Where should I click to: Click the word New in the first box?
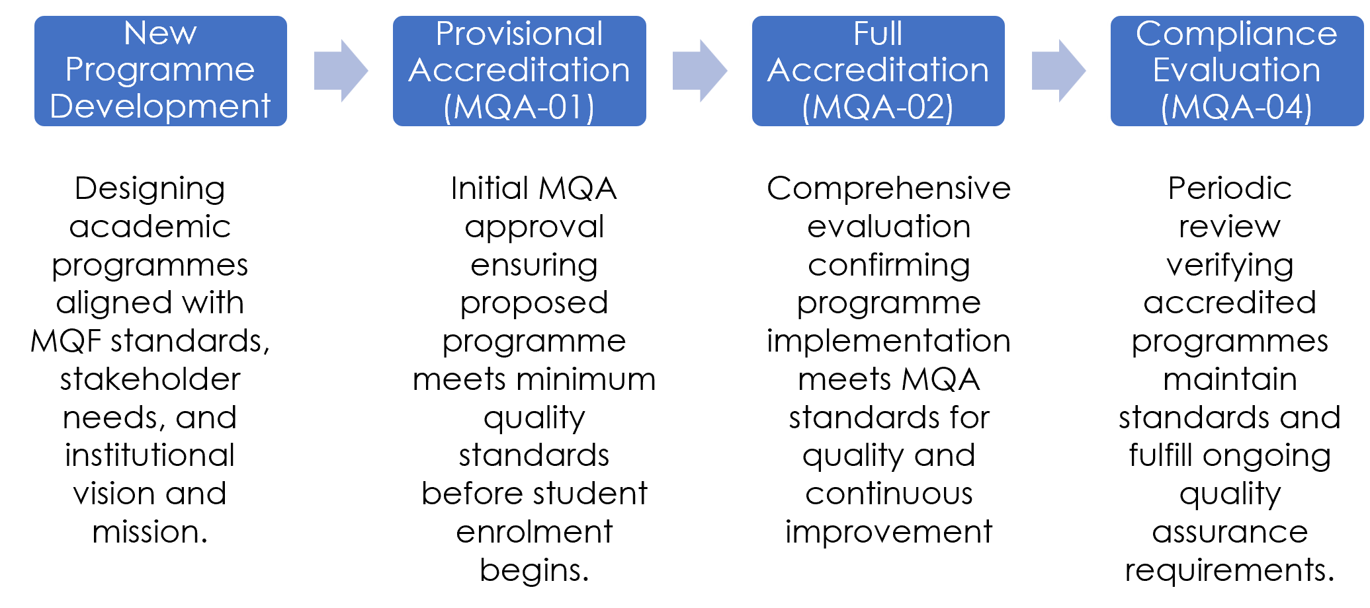click(160, 33)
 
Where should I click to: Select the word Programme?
click(160, 70)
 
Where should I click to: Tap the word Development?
click(160, 106)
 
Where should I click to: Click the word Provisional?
click(519, 34)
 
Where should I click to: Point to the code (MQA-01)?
click(519, 107)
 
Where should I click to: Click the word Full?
click(878, 34)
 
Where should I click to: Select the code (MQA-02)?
click(878, 107)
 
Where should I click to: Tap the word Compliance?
click(1236, 34)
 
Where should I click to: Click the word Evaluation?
click(1236, 70)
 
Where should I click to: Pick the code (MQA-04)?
click(1236, 107)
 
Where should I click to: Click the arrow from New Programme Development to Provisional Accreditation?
click(341, 71)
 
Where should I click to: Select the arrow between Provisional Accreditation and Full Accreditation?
click(700, 71)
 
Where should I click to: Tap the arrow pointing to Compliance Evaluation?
click(1058, 71)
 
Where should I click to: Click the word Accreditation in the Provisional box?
click(519, 70)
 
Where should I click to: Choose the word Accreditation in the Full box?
click(878, 70)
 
